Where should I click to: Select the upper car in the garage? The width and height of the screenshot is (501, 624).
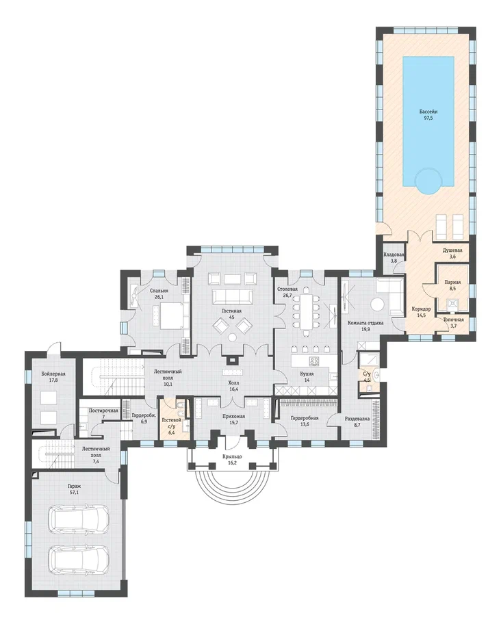(79, 518)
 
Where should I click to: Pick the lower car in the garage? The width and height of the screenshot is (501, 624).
(79, 558)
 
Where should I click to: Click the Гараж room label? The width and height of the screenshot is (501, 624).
(74, 486)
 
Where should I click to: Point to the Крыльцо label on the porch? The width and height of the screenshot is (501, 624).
(233, 457)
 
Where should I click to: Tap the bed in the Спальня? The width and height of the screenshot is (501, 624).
(172, 315)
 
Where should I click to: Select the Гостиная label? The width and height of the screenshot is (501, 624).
(231, 311)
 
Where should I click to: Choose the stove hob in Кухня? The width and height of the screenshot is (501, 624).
(314, 361)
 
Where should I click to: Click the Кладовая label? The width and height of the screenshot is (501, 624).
(394, 255)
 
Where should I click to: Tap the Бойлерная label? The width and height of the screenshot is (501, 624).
(53, 374)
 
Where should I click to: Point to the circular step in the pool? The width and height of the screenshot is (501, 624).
(428, 181)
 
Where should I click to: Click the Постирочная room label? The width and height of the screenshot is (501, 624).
(103, 411)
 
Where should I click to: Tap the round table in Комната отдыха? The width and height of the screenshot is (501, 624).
(377, 305)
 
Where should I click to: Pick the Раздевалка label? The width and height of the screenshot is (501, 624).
(357, 419)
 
